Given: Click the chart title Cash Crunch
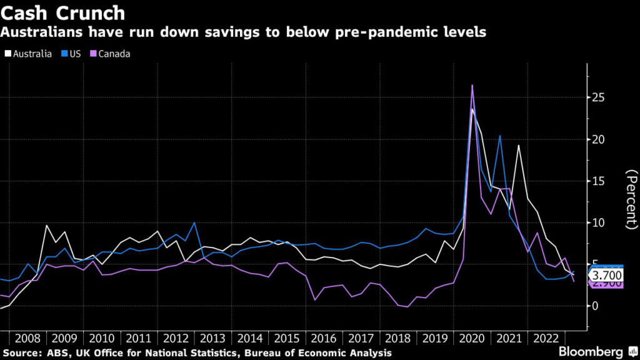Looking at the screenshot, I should pos(62,12).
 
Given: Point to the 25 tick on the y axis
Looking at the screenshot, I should pos(598,98).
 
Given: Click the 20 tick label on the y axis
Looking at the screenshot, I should pos(598,139).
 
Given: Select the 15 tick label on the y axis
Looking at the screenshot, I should pos(598,181).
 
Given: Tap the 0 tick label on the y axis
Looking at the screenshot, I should pos(595,306).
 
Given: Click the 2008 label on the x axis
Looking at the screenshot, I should pos(27,338).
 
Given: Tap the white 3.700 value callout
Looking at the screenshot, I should pos(606,275).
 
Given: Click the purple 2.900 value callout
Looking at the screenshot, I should pos(606,285).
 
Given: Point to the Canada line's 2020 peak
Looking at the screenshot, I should pos(472,85).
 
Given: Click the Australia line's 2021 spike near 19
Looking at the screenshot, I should pos(518,146).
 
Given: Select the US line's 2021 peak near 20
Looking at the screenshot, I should pos(499,136).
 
